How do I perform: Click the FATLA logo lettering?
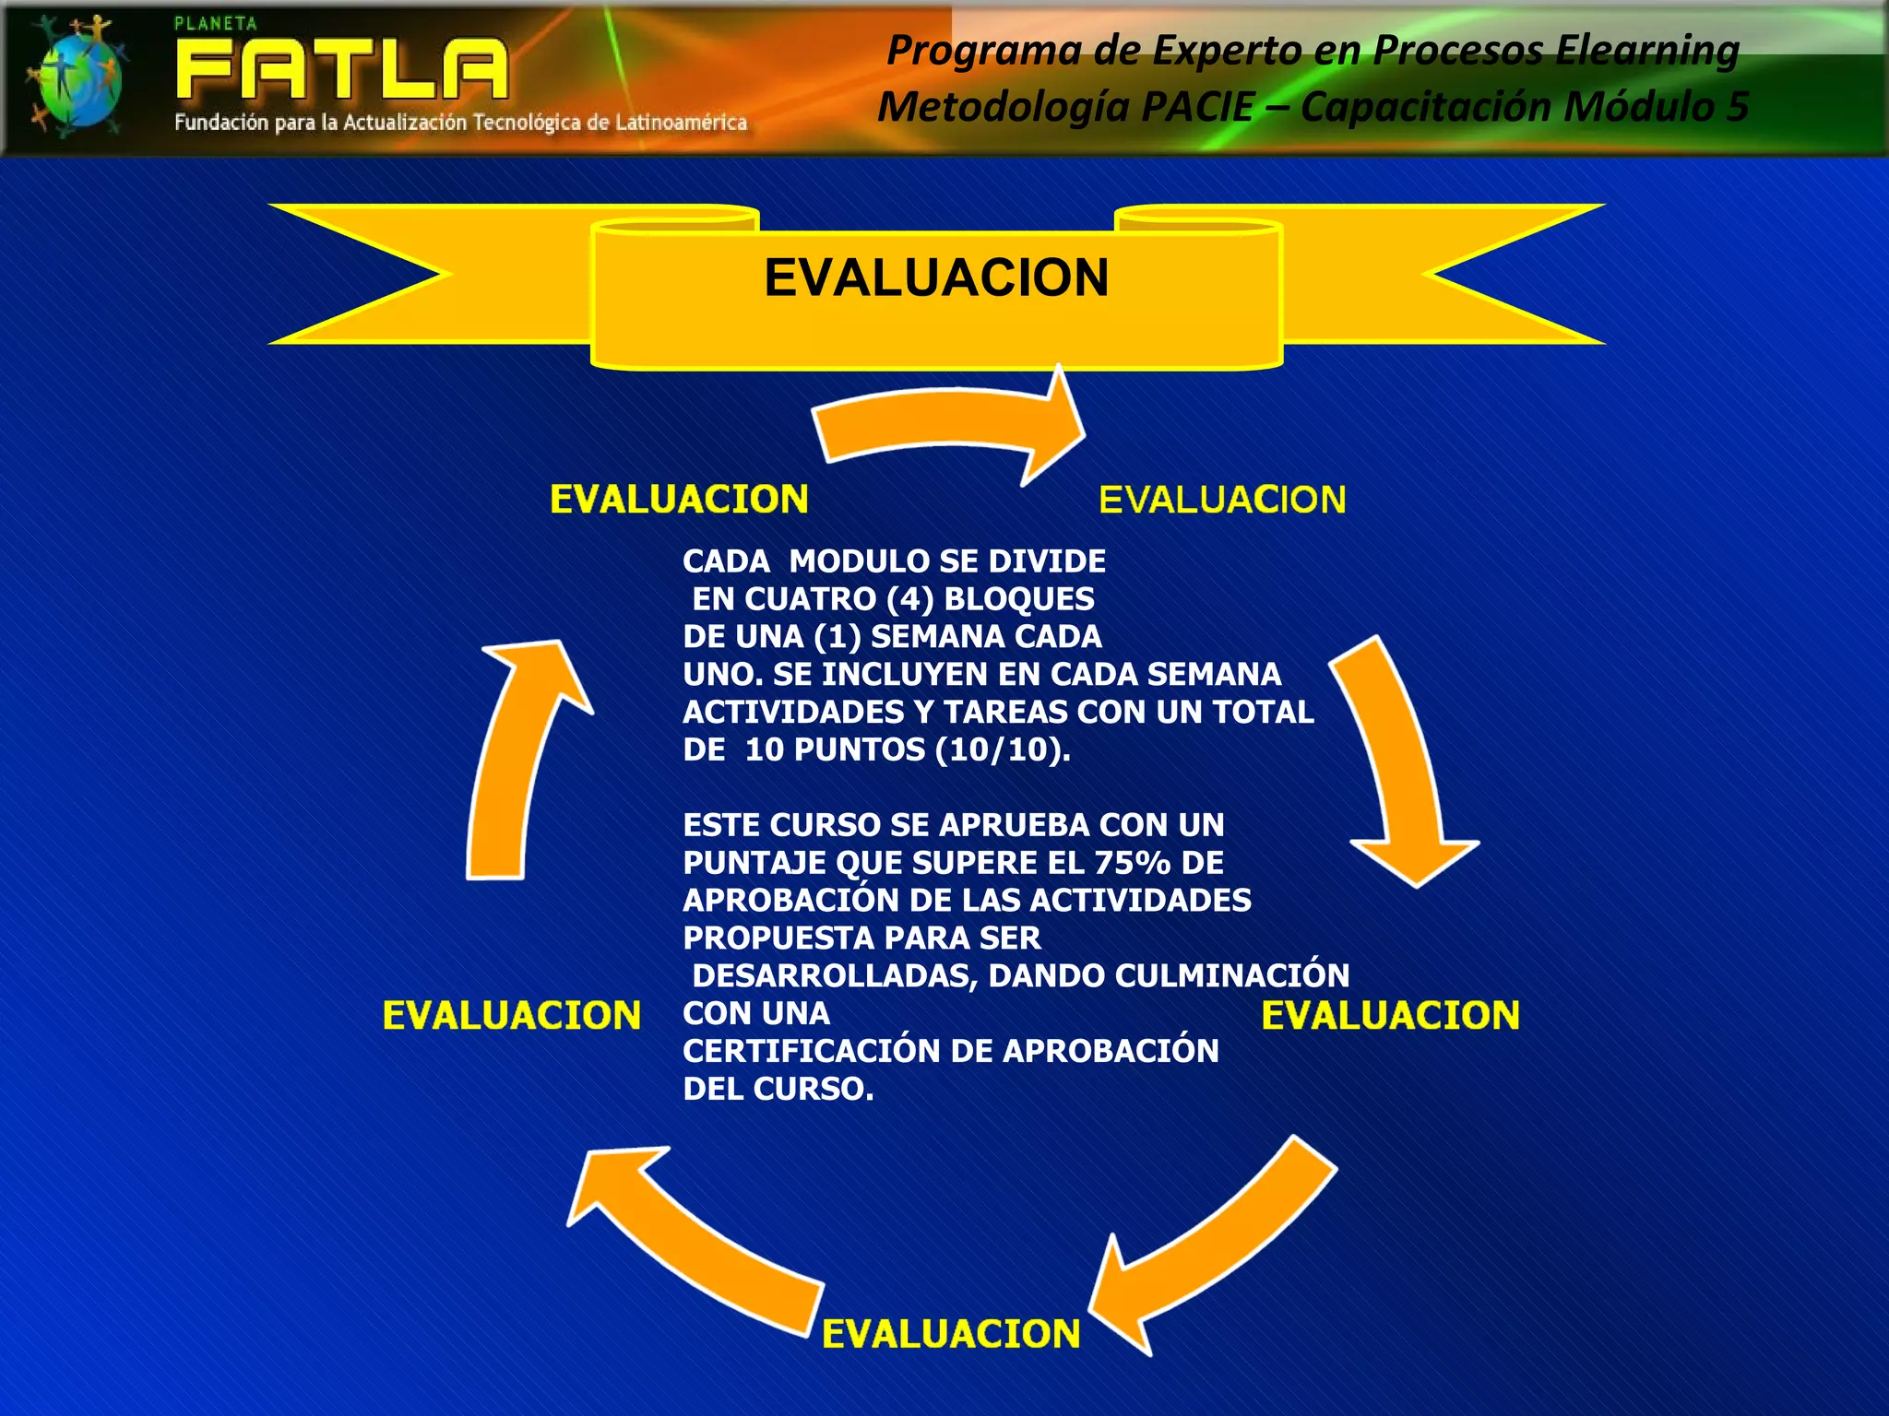pos(341,69)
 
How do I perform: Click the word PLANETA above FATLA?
pos(216,24)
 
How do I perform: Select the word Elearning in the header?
pos(1647,50)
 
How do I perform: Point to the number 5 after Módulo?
pos(1737,106)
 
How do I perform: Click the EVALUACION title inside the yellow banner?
pos(936,277)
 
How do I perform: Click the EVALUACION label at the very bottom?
pos(951,1334)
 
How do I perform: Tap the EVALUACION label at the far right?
pos(1390,1015)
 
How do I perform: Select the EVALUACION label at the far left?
pos(512,1015)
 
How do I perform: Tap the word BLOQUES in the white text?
pos(1019,599)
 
